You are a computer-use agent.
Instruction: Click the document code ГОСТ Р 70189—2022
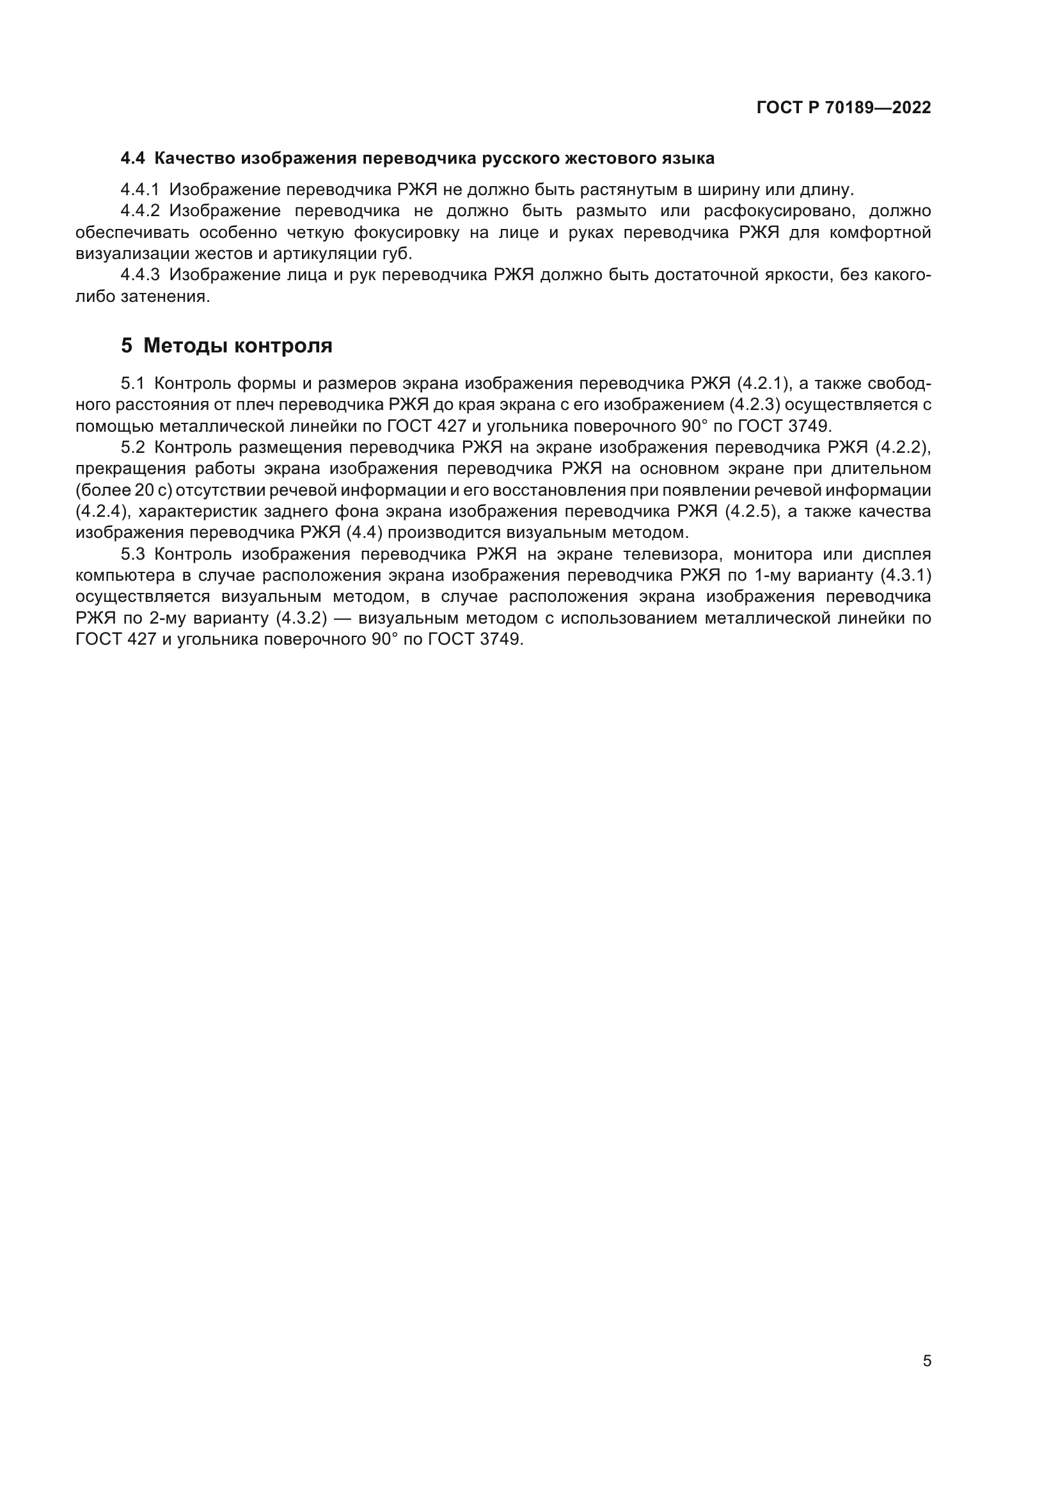[x=844, y=108]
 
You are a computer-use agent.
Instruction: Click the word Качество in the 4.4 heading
[x=194, y=159]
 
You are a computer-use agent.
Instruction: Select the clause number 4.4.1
[x=140, y=190]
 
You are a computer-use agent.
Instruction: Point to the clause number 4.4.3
[x=140, y=275]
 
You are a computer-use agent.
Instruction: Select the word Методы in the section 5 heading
[x=186, y=346]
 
